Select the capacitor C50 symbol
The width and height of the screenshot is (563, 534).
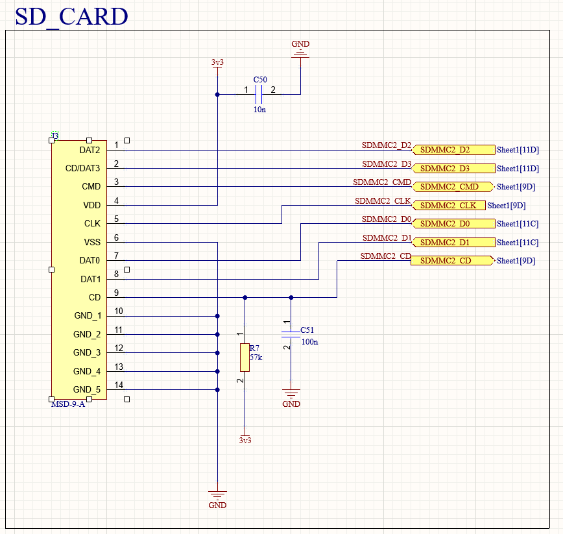[x=259, y=95]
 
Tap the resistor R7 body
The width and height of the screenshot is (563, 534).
[x=245, y=358]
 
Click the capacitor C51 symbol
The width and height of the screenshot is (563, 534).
[x=291, y=334]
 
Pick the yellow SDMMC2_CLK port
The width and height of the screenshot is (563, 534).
[x=448, y=206]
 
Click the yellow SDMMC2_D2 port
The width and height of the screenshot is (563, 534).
[x=453, y=150]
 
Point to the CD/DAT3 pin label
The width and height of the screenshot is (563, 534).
[x=83, y=169]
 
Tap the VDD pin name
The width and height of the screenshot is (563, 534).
[x=91, y=205]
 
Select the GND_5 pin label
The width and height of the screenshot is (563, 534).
[x=87, y=390]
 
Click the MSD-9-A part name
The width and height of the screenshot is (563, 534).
[x=68, y=404]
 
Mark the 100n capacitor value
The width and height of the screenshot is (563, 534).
[x=310, y=341]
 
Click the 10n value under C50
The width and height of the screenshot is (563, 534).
[x=259, y=110]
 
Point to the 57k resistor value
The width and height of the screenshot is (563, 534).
[x=256, y=357]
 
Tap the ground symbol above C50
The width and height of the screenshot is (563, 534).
[x=300, y=53]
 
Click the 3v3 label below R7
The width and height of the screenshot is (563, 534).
[x=245, y=440]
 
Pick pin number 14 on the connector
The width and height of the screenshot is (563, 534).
[x=119, y=385]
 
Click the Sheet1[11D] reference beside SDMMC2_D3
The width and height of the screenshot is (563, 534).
[x=518, y=169]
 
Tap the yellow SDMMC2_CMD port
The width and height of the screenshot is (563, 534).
[x=453, y=187]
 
